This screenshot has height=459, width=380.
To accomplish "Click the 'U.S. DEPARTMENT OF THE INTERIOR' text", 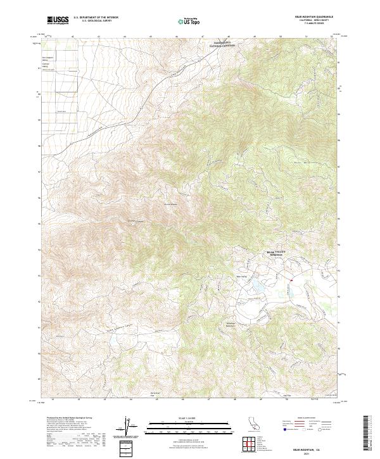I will [x=96, y=18].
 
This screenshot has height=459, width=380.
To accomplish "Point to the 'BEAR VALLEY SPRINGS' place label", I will [x=276, y=253].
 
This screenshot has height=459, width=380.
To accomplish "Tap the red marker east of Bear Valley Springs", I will [x=291, y=279].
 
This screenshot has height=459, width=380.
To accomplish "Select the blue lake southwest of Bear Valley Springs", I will [x=258, y=290].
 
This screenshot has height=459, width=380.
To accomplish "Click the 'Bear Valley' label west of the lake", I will [x=241, y=275].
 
